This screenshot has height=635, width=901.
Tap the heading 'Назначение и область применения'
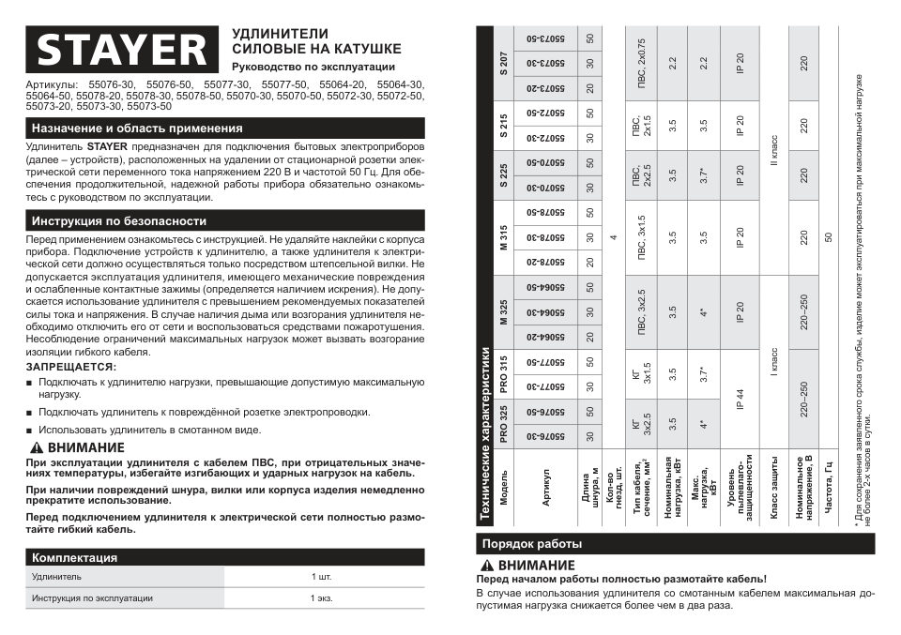coord(137,129)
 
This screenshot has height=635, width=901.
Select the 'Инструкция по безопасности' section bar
coord(119,221)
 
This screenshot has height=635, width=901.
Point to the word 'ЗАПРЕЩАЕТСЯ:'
coord(70,367)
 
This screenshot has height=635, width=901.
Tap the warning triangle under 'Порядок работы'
coord(486,566)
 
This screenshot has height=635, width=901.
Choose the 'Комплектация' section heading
coord(75,557)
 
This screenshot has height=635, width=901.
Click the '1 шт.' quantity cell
coord(321,576)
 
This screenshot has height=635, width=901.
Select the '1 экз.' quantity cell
coord(322,597)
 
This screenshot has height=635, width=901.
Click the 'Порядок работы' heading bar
coord(531,544)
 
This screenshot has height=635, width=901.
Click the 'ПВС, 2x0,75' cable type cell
coord(641,64)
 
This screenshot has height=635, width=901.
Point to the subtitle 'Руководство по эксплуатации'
coord(313,68)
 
